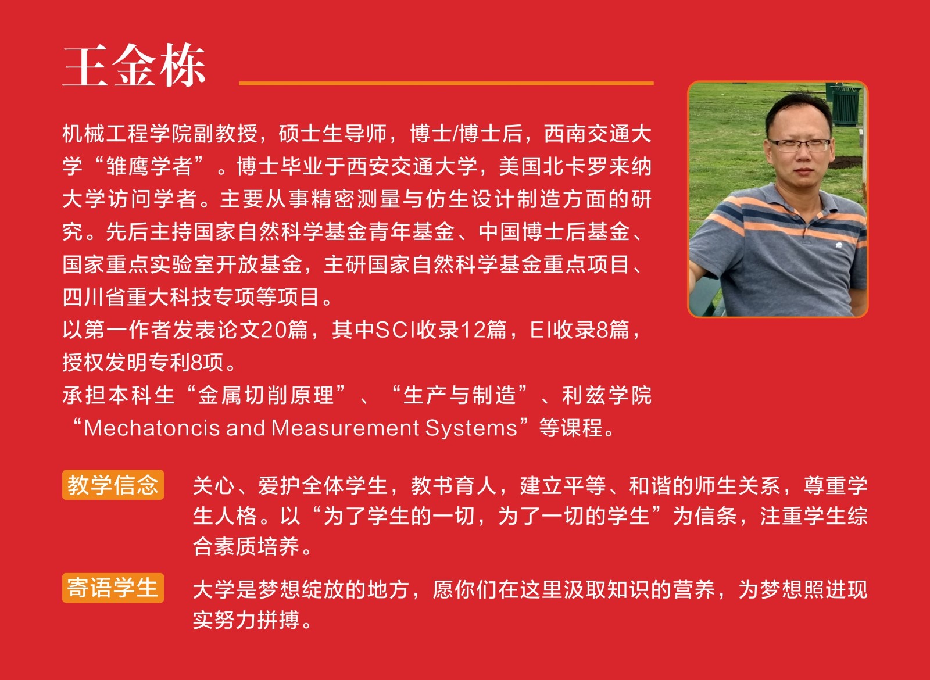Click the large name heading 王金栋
tap(134, 66)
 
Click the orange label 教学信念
tap(113, 485)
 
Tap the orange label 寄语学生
tap(113, 588)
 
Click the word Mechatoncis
tap(152, 428)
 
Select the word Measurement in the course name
tap(345, 428)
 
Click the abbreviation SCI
tap(396, 331)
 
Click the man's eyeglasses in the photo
tap(798, 145)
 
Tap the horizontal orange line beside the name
tap(446, 84)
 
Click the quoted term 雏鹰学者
tap(149, 166)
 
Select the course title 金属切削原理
tap(266, 395)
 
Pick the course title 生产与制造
tap(460, 395)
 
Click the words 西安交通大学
tap(412, 166)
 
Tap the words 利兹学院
tap(607, 395)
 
